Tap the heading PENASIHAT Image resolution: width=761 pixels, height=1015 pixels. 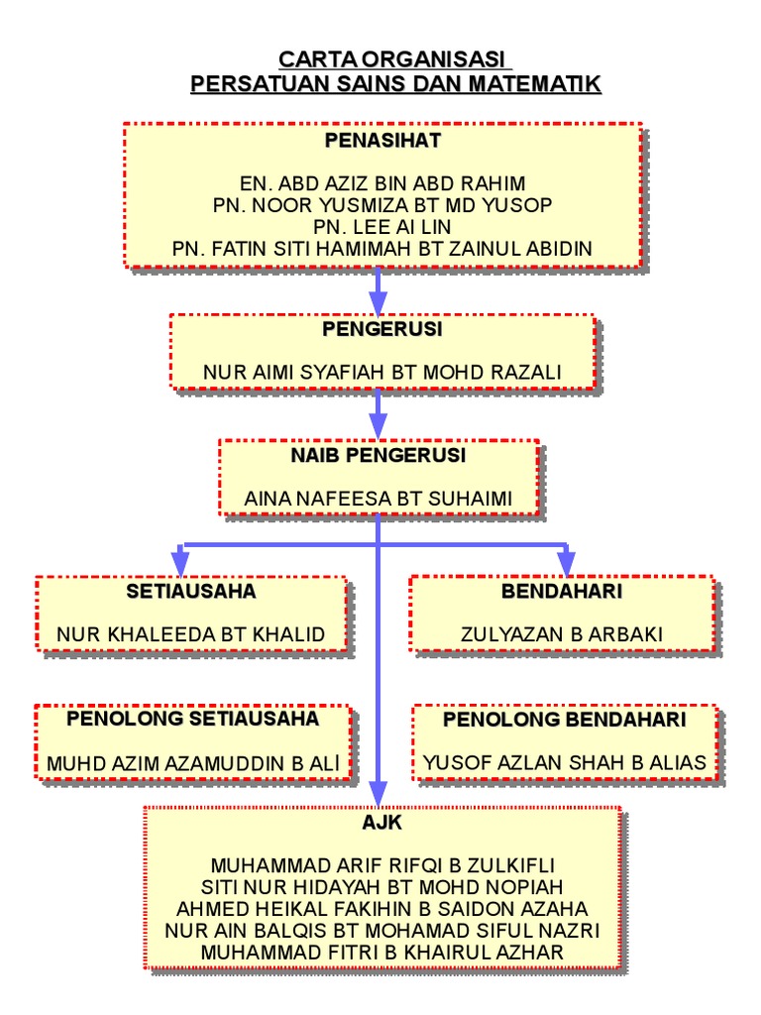point(382,141)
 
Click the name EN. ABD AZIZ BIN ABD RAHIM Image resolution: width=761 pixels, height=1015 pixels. point(382,184)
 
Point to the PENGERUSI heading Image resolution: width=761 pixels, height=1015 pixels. point(382,328)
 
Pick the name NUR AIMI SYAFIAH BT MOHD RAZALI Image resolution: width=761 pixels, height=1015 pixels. point(382,373)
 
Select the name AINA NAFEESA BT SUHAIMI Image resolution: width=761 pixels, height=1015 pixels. point(379,499)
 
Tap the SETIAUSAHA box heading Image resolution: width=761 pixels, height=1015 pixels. point(191,592)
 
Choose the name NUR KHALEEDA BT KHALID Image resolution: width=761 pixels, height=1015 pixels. point(191,634)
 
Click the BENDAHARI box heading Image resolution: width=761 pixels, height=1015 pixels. point(562,592)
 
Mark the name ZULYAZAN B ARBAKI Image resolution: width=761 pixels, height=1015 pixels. point(562,634)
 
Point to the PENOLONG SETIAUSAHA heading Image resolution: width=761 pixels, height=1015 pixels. point(193,719)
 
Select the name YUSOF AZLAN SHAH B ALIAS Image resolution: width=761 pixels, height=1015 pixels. point(565,762)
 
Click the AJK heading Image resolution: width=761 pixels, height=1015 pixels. point(382,823)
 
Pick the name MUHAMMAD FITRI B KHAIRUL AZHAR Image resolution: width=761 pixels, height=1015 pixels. point(382,953)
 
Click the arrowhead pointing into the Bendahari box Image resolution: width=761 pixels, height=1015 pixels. point(566,565)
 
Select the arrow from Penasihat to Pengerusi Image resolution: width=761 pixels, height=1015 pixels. point(378,289)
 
